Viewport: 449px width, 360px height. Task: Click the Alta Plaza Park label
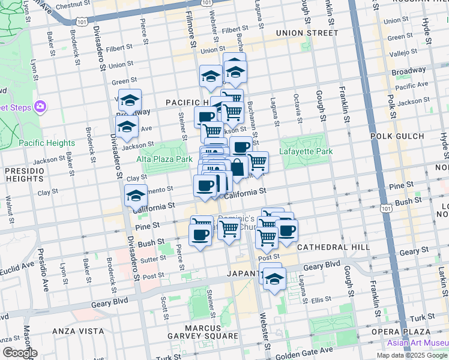pyautogui.click(x=164, y=159)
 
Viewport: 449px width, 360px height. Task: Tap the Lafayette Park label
pyautogui.click(x=306, y=152)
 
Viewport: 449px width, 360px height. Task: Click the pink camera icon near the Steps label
pyautogui.click(x=40, y=107)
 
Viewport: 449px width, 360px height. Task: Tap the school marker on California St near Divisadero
pyautogui.click(x=136, y=196)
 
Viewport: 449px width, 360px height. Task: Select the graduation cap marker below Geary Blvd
pyautogui.click(x=275, y=279)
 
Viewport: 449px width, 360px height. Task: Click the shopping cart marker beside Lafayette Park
pyautogui.click(x=258, y=161)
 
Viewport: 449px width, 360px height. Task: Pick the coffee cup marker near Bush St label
pyautogui.click(x=200, y=235)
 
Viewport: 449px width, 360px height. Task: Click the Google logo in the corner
pyautogui.click(x=19, y=353)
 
